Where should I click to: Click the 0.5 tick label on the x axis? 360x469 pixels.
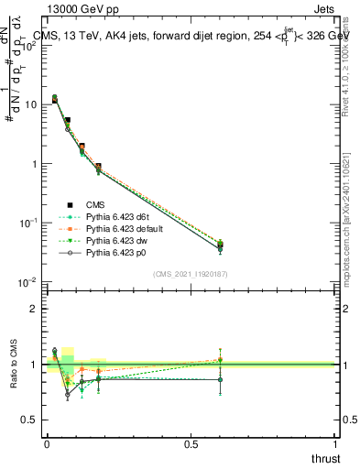click(191, 444)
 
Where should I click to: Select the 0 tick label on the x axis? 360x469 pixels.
click(47, 444)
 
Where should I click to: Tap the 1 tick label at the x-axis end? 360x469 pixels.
click(335, 444)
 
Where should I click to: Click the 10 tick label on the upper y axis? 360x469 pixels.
click(30, 105)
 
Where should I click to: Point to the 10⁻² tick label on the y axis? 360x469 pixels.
click(28, 281)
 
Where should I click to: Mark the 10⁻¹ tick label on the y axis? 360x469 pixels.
click(28, 223)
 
